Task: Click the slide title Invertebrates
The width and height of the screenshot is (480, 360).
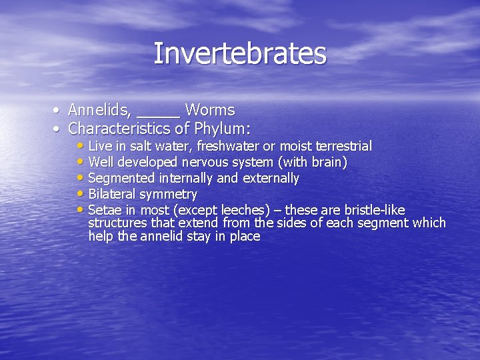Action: point(240,54)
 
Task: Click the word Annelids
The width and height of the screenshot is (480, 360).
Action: point(99,110)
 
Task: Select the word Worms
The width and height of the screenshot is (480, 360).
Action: point(210,110)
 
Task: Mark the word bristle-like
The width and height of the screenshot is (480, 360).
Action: point(371,211)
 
